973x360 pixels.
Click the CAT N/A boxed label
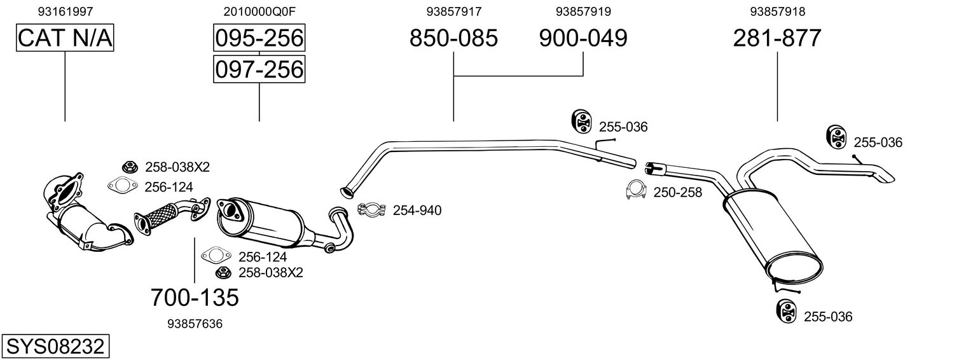click(x=65, y=38)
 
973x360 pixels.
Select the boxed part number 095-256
click(x=259, y=38)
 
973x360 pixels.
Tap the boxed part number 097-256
click(x=259, y=69)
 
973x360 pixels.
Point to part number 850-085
click(x=453, y=38)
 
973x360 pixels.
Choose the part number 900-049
click(x=583, y=38)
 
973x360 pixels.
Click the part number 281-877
click(x=777, y=38)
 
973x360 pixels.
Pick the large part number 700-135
click(x=195, y=296)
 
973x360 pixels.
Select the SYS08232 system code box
click(x=55, y=347)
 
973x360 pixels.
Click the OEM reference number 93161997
click(x=66, y=11)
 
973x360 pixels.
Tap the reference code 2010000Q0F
click(x=259, y=11)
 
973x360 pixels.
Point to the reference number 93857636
click(x=195, y=324)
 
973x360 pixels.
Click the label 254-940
click(x=417, y=210)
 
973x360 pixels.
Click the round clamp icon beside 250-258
click(x=636, y=190)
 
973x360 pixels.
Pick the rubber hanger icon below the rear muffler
click(x=786, y=311)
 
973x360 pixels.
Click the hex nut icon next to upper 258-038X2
click(x=129, y=167)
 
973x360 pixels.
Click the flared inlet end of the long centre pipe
click(x=347, y=190)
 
